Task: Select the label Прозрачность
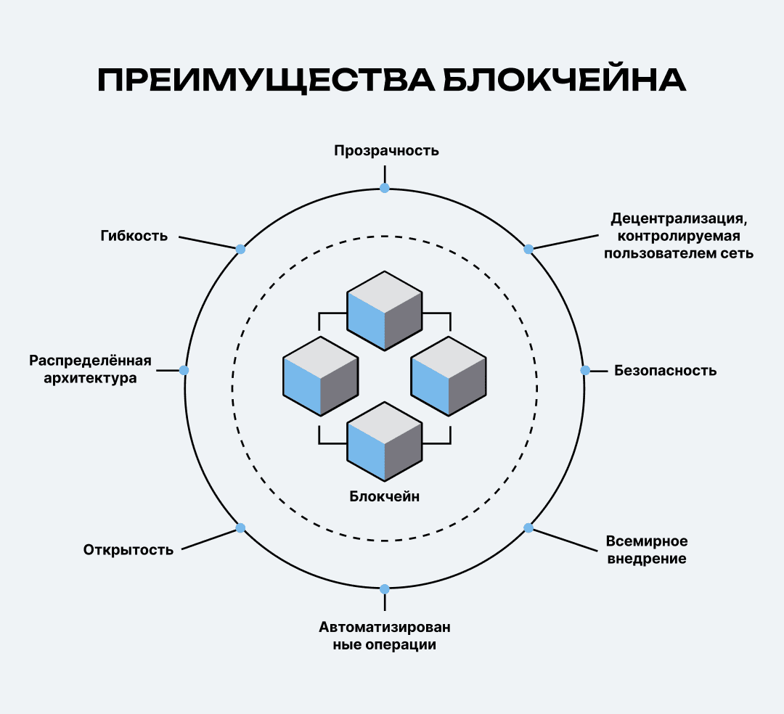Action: (386, 151)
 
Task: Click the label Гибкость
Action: (134, 236)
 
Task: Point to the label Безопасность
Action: (665, 371)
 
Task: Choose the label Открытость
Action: (128, 549)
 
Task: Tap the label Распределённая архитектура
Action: (90, 369)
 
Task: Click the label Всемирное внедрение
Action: (646, 550)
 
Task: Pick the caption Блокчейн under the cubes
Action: (385, 497)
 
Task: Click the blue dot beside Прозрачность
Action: (385, 188)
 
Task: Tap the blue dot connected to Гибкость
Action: (241, 249)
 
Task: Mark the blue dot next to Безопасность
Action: (585, 370)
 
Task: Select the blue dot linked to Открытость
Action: (241, 528)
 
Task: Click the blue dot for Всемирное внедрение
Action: (528, 528)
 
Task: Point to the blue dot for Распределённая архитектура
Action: (184, 370)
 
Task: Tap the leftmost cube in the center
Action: (320, 376)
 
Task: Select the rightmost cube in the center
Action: (449, 376)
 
